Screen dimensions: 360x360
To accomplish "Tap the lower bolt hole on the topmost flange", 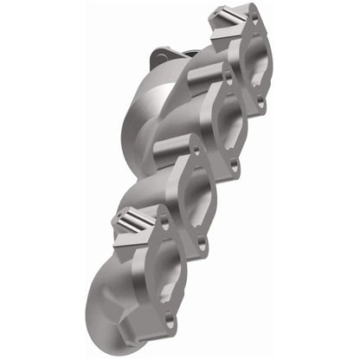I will pyautogui.click(x=260, y=103).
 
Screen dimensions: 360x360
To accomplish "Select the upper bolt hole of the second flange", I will pyautogui.click(x=227, y=76).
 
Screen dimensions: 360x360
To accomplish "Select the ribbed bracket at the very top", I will pyautogui.click(x=230, y=18).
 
